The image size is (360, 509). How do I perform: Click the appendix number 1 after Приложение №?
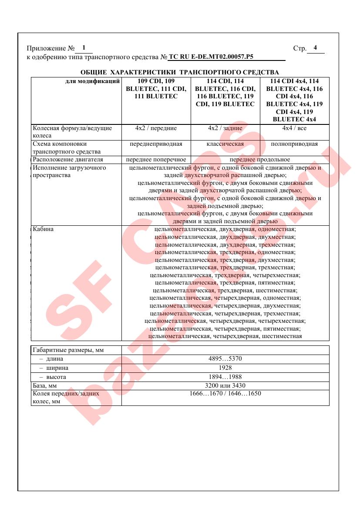point(84,47)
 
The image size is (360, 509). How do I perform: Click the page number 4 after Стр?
point(315,47)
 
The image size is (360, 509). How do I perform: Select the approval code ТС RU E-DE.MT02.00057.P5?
point(211,57)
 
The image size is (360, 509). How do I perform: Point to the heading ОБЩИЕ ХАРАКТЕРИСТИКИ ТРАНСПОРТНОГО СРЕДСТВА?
point(180,72)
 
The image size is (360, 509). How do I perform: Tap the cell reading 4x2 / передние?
point(156,128)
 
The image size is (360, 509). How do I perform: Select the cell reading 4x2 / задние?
point(225,128)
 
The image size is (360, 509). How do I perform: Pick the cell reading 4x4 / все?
point(294,128)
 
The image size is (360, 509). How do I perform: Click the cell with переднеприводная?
point(156,144)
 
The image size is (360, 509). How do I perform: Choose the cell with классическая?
point(225,144)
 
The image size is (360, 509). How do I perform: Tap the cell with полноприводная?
point(294,144)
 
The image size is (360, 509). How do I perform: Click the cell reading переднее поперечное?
point(156,160)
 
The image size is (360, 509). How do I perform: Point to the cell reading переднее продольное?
point(259,160)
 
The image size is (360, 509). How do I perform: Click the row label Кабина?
point(43,229)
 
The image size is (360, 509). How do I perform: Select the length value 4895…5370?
point(225,359)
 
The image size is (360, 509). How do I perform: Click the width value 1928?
point(225,368)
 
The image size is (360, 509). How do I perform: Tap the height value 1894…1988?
point(225,377)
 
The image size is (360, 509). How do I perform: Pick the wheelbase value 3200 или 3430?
point(225,385)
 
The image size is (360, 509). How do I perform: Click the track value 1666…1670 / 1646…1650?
point(225,394)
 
